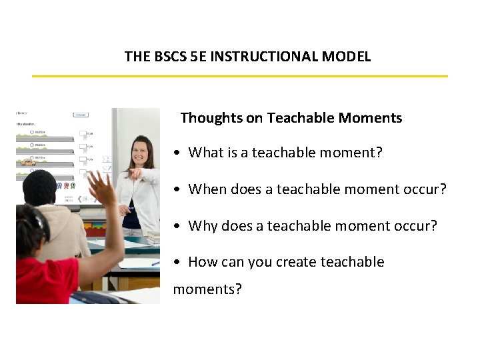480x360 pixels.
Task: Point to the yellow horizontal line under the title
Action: (240, 76)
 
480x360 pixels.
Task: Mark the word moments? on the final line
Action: (207, 289)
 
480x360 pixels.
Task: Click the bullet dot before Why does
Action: (175, 227)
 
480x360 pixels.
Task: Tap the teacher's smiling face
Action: (142, 155)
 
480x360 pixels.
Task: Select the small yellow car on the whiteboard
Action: (27, 162)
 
